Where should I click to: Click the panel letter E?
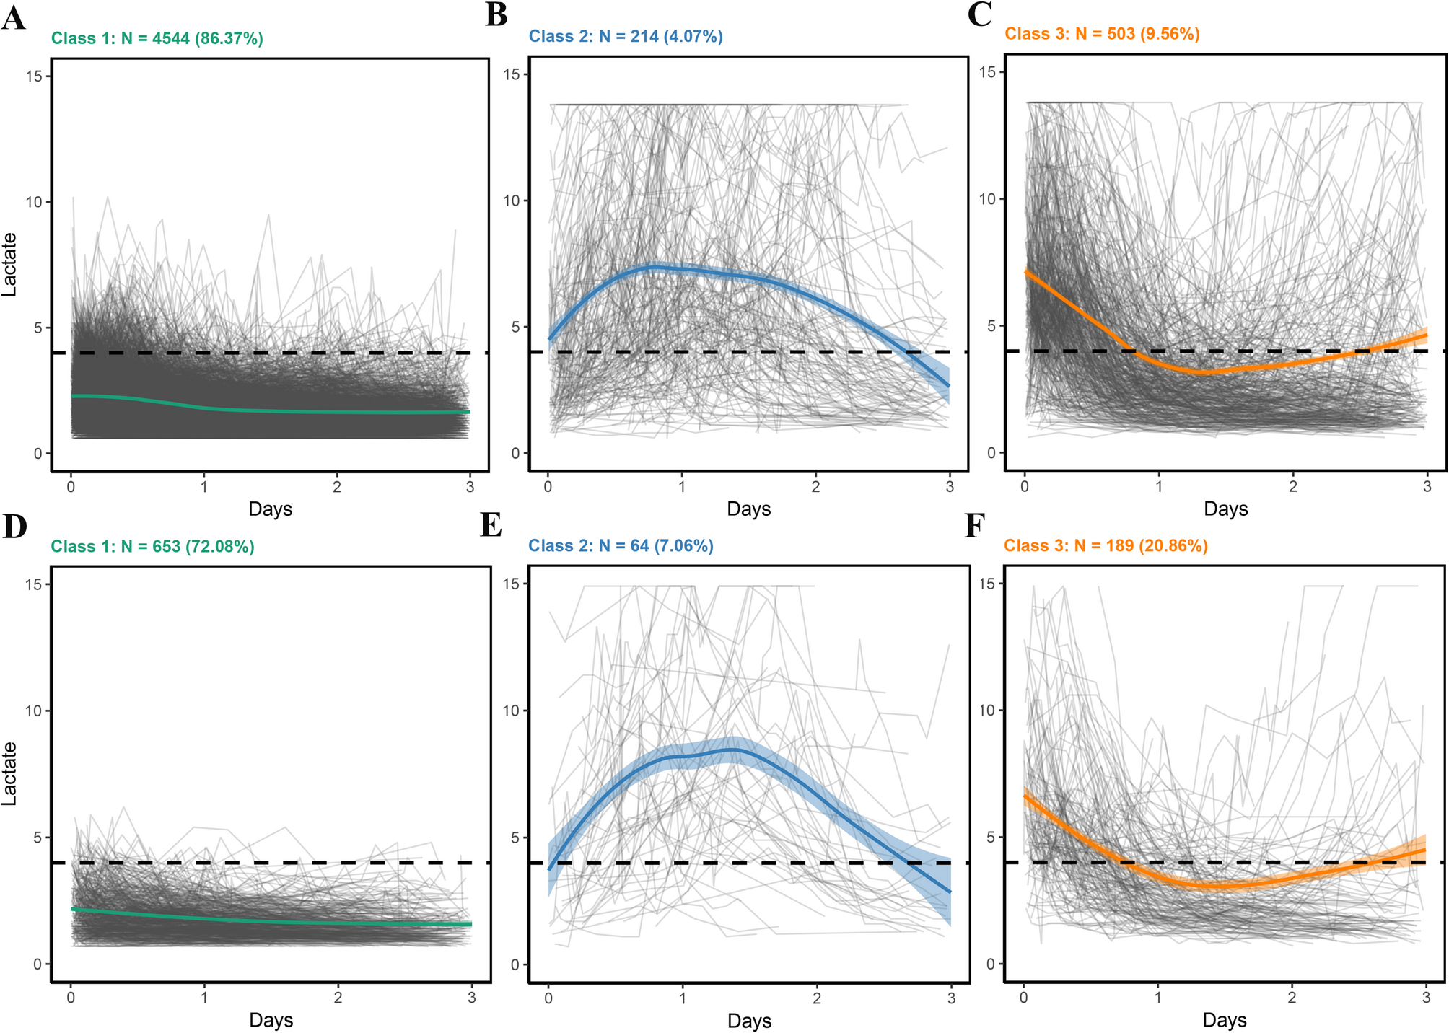(x=491, y=526)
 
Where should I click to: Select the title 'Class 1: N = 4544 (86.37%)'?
(x=157, y=38)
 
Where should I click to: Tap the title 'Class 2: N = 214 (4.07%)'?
(x=626, y=36)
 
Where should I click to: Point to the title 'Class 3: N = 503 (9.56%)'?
(x=1102, y=33)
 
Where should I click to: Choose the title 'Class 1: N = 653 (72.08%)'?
(x=152, y=546)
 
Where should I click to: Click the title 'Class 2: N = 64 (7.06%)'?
(x=621, y=545)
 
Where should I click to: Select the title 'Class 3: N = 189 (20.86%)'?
(x=1106, y=545)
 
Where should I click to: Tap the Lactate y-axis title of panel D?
(x=9, y=773)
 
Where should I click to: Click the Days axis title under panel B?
(x=748, y=509)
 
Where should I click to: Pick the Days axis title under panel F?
(x=1225, y=1020)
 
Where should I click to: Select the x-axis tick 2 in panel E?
(x=816, y=998)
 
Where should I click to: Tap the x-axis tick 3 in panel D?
(x=471, y=998)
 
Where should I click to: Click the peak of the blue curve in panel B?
(x=653, y=267)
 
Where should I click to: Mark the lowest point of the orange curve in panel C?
(x=1205, y=372)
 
